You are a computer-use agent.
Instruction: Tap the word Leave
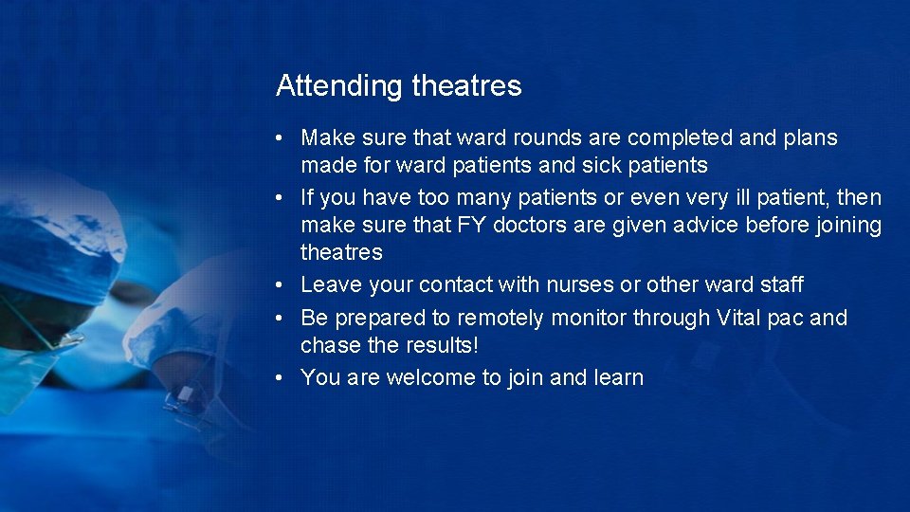click(331, 284)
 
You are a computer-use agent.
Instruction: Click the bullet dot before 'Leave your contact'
click(282, 285)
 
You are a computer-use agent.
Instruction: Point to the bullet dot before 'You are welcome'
click(282, 378)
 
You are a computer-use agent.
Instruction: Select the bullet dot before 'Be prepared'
click(282, 319)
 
